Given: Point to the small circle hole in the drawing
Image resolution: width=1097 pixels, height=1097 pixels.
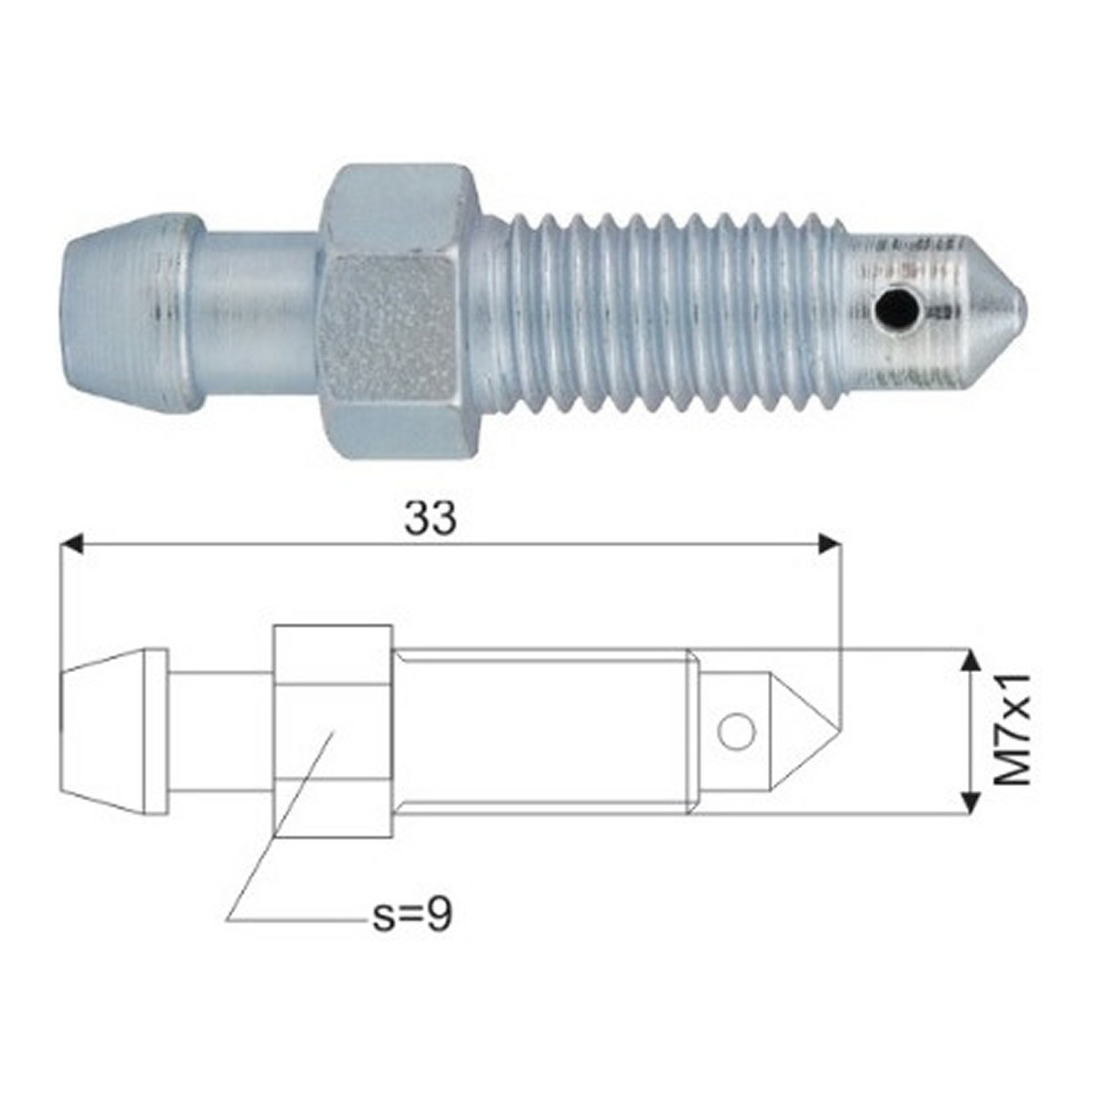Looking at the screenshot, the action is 737,730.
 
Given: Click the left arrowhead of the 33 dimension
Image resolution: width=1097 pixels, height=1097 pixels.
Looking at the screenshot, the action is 73,544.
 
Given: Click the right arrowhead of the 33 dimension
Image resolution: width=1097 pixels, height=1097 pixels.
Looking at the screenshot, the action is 829,544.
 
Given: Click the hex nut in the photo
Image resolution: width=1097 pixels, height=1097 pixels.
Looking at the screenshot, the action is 400,312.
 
